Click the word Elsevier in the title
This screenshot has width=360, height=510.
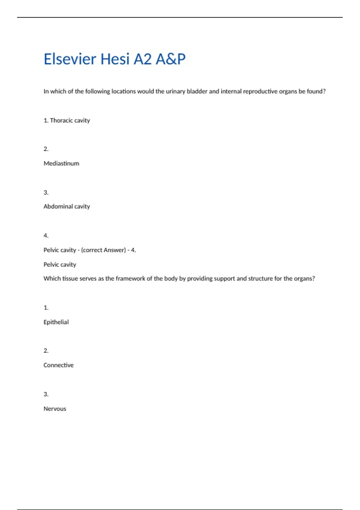click(x=70, y=59)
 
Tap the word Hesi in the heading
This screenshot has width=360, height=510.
click(x=115, y=59)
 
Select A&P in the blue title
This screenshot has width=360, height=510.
click(x=170, y=59)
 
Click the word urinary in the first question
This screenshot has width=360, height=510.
click(x=175, y=91)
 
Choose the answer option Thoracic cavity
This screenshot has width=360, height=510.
click(x=70, y=121)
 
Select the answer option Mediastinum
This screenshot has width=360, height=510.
click(x=61, y=163)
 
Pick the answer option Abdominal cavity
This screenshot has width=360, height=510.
click(x=67, y=206)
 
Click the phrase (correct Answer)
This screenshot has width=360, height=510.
click(x=103, y=250)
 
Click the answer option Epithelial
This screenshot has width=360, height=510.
click(x=56, y=322)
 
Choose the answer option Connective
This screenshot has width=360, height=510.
click(x=58, y=365)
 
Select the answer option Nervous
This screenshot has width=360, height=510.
click(x=55, y=409)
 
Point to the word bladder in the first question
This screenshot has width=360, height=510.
click(x=197, y=91)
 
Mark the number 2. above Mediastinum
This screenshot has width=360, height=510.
click(x=46, y=149)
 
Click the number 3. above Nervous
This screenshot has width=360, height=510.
click(x=46, y=394)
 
